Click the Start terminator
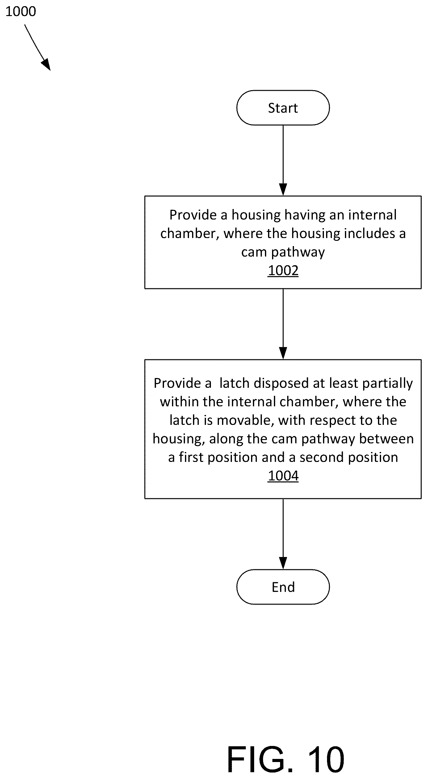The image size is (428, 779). [283, 108]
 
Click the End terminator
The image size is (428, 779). [283, 587]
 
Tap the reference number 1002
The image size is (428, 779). [283, 270]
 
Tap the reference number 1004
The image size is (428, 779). [283, 476]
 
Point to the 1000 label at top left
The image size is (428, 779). [21, 11]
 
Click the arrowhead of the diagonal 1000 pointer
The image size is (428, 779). [46, 65]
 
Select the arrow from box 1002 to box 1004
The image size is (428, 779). [283, 324]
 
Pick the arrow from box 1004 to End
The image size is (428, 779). [283, 534]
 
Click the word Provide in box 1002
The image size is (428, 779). [193, 215]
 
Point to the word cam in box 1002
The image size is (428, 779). [254, 252]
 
